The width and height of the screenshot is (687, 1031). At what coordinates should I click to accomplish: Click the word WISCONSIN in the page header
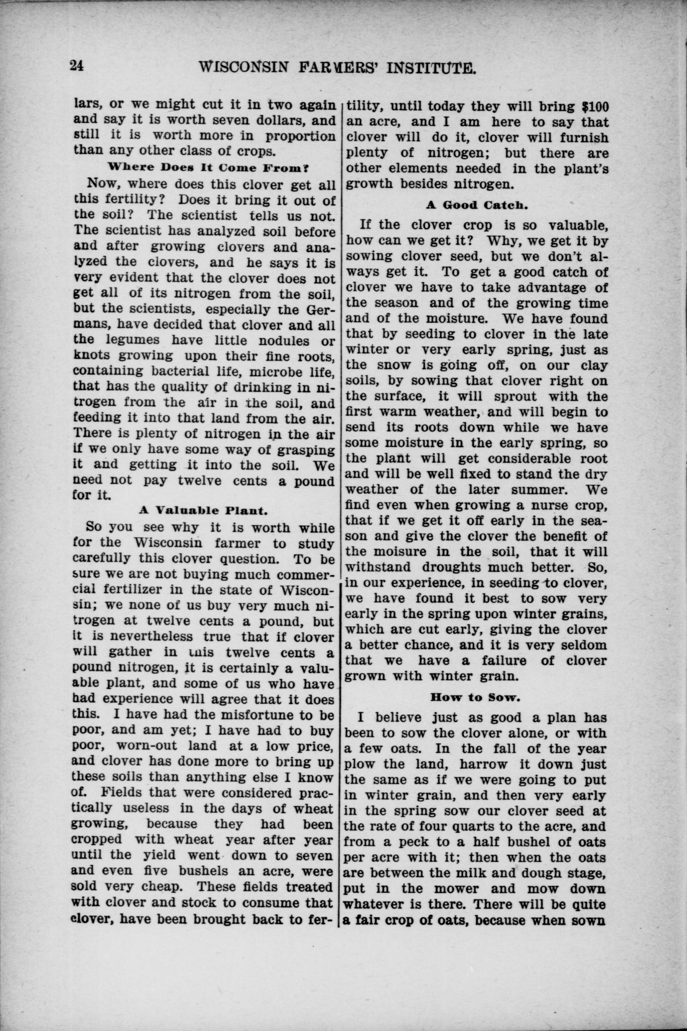244,68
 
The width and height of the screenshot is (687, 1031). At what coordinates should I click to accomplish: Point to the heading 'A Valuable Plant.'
202,510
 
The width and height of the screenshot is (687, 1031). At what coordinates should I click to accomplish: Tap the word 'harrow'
484,764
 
